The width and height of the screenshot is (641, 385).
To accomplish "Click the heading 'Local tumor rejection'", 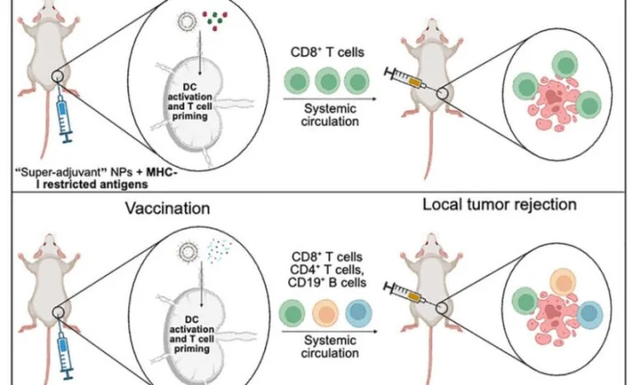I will click(x=499, y=203).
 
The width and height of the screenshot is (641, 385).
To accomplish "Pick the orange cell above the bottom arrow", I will click(x=330, y=316).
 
